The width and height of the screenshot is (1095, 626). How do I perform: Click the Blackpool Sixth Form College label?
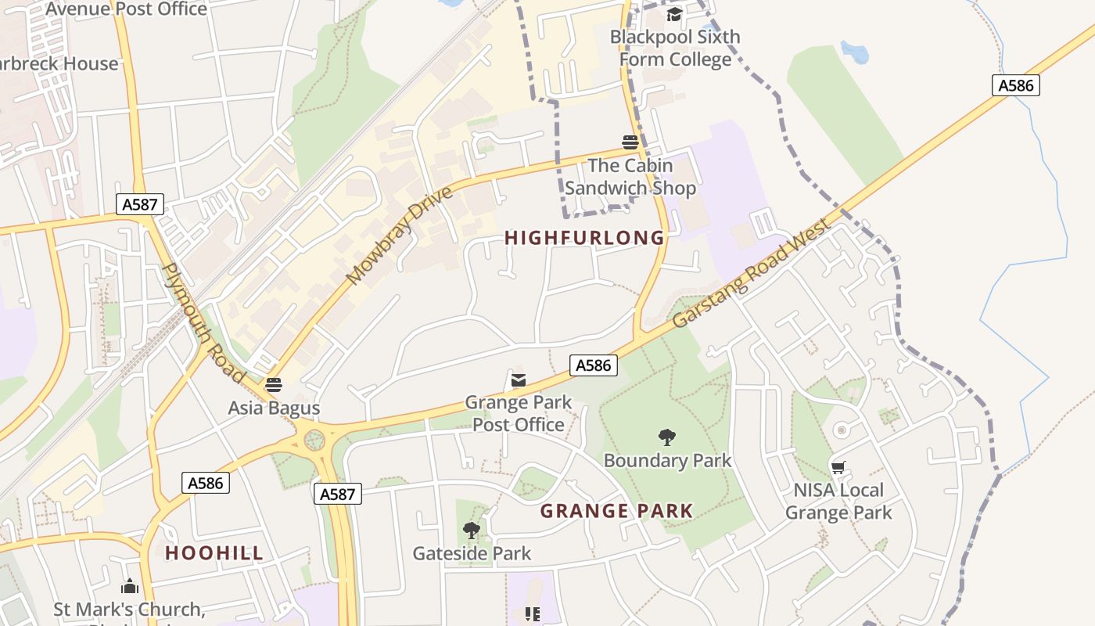(674, 48)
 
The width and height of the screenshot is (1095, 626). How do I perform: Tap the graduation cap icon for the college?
(674, 14)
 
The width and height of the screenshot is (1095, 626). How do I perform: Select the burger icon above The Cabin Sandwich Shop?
(630, 142)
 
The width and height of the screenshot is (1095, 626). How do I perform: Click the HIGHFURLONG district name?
(584, 238)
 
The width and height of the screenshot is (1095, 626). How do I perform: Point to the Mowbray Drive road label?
(399, 235)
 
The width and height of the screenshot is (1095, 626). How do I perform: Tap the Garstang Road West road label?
(752, 273)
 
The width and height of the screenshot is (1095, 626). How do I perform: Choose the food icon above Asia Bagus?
(273, 385)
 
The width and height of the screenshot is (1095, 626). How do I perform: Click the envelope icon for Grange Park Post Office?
(518, 380)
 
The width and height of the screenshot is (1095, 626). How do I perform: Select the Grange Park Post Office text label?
(518, 413)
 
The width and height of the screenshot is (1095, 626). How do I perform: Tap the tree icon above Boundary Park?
(667, 437)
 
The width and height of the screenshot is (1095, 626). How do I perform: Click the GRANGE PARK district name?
(616, 512)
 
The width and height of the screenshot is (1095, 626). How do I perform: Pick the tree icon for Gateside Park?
(471, 531)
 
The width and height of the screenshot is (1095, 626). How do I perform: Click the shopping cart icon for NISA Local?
(838, 468)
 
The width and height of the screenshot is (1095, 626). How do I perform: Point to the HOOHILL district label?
(214, 553)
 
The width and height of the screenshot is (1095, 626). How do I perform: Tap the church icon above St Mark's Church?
(130, 586)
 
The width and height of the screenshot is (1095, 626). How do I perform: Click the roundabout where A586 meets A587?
(314, 441)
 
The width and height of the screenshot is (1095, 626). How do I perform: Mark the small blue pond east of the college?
(855, 52)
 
